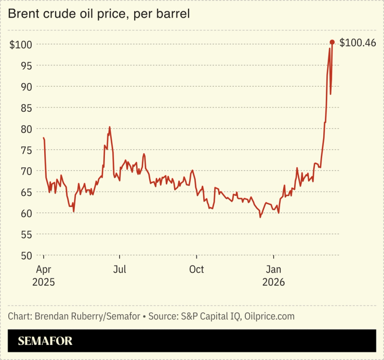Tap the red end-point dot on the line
coord(332,43)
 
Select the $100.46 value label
coord(357,43)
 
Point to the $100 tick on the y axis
coord(21,45)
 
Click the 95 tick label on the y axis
coord(26,65)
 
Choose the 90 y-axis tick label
coord(26,87)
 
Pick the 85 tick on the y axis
coord(26,108)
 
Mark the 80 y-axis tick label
coord(26,129)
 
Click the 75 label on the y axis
coord(26,150)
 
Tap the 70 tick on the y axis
coord(26,171)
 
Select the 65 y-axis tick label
coord(26,192)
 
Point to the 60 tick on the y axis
coord(26,213)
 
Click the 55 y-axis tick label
coord(26,234)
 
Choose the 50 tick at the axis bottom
coord(26,256)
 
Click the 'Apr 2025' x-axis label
coord(43,275)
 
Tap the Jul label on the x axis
coord(120,270)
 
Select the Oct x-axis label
coord(196,270)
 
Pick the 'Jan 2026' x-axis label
coord(273,275)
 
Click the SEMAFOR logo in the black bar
coord(45,341)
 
